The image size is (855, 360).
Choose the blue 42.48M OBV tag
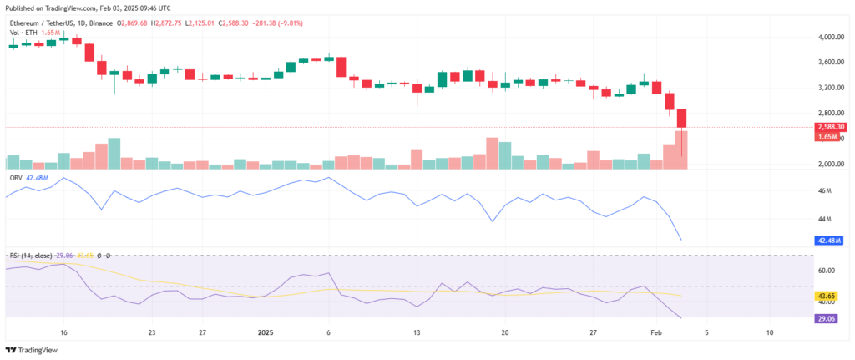point(830,241)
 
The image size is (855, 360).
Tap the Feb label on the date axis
point(653,332)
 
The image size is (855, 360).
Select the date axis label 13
point(416,332)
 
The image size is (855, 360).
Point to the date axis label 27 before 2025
point(203,332)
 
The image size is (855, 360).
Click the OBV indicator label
point(15,178)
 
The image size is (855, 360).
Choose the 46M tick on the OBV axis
point(825,191)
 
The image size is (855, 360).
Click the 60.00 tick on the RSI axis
point(827,271)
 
